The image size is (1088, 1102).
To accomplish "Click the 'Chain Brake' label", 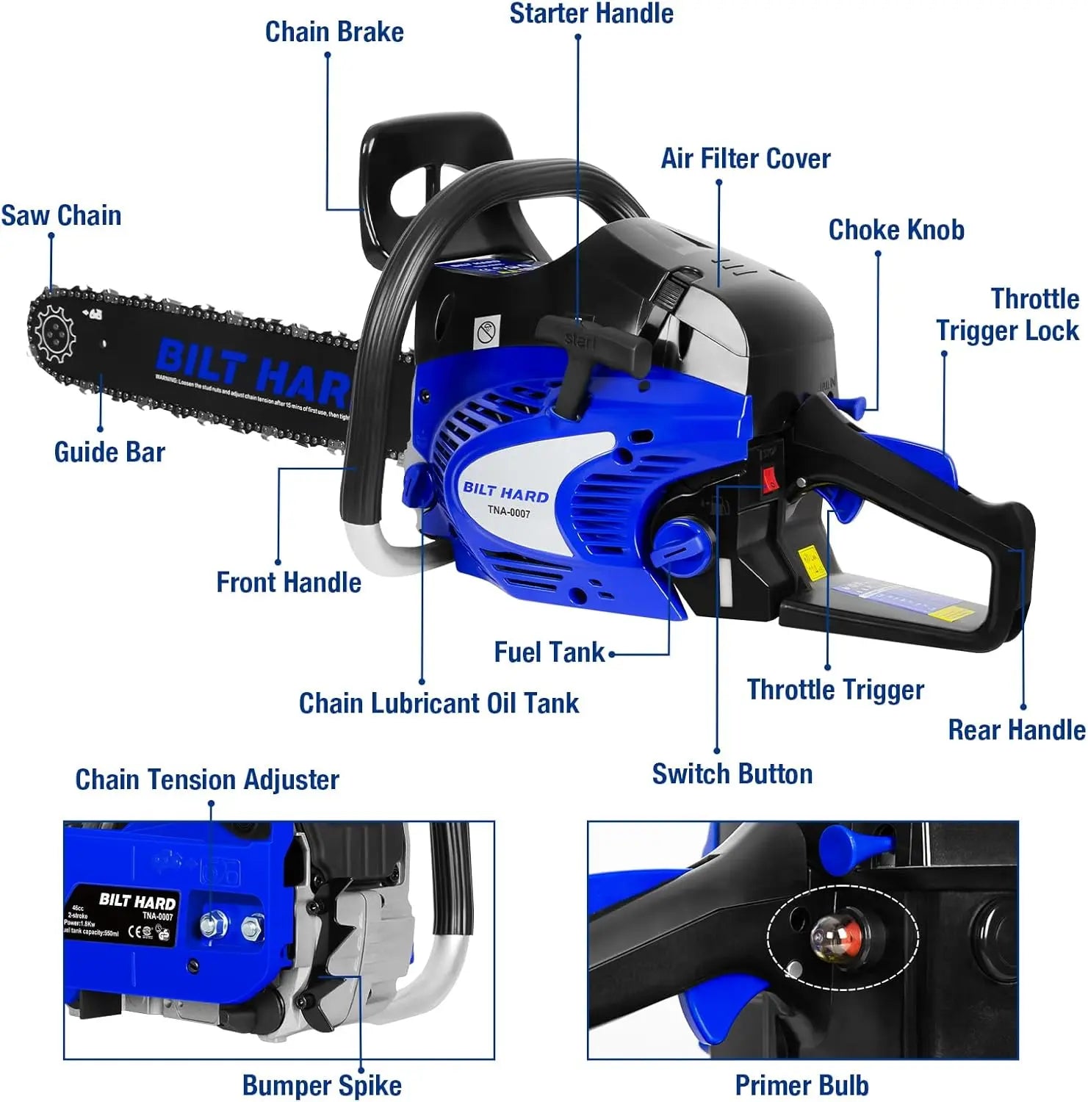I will pos(334,32).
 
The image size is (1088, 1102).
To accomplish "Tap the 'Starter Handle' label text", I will pos(591,13).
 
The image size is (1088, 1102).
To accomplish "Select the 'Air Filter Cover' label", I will pos(746,159).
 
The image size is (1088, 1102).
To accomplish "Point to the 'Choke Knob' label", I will pos(896,230).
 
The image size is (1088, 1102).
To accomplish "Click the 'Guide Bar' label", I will pos(109,452).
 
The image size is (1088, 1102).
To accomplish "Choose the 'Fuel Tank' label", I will pos(549,652).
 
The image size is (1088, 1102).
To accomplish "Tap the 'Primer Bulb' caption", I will pos(801,1085).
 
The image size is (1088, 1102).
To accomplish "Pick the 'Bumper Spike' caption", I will pos(322,1085).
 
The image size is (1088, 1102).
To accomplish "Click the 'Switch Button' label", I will pos(732,774).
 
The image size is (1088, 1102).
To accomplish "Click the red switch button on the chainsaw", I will pos(770,481).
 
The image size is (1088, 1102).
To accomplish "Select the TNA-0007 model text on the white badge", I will pos(508,512).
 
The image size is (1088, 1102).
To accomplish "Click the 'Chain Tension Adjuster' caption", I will pos(207,779).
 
